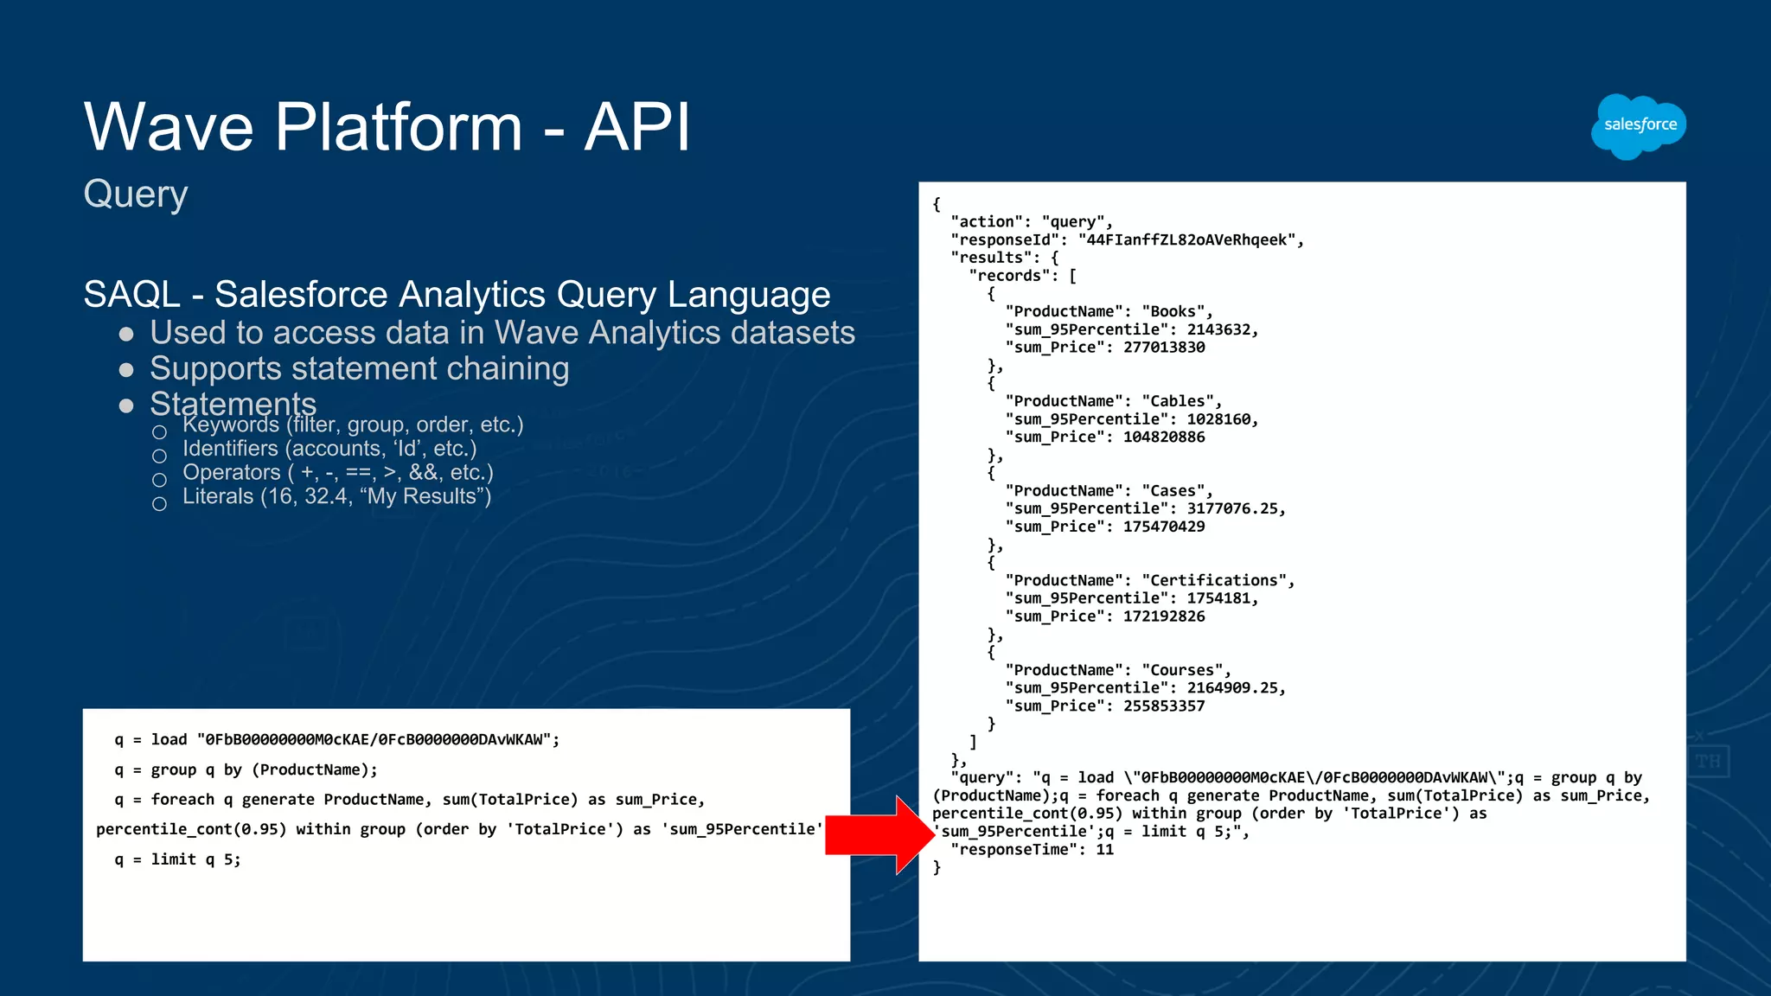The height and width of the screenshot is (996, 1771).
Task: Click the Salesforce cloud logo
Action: point(1639,126)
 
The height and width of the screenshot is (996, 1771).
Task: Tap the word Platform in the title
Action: point(399,127)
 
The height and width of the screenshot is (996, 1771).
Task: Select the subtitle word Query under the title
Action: point(136,195)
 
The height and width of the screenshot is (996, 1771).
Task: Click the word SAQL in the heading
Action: point(131,295)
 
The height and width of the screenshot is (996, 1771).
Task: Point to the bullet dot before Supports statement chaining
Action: point(126,370)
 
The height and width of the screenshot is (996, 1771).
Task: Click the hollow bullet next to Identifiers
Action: point(159,456)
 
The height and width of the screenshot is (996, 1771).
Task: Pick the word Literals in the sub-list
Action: point(218,496)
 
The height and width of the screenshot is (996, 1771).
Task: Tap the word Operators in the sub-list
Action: point(231,473)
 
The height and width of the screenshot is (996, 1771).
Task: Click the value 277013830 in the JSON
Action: point(1164,348)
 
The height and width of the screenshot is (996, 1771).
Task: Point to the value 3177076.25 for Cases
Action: point(1236,508)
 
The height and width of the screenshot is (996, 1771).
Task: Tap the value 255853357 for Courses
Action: point(1164,706)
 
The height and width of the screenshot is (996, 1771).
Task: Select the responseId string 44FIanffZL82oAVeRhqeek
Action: point(1190,239)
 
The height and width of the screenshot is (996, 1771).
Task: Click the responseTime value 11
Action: point(1104,850)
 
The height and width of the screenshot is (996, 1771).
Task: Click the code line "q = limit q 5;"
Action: point(178,859)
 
